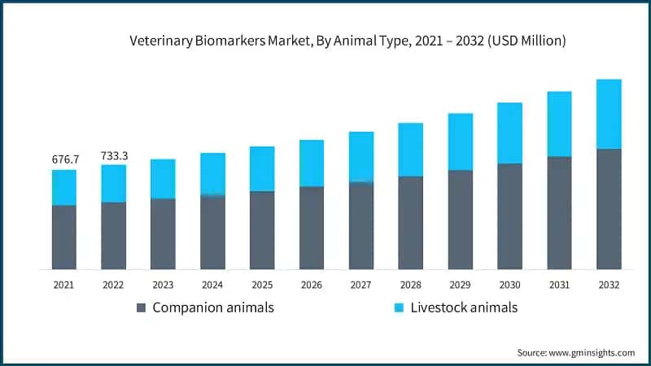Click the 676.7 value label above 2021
tap(64, 159)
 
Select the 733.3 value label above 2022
tap(114, 155)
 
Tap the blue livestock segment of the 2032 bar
tap(609, 114)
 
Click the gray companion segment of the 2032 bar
tap(609, 209)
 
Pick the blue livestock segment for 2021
tap(64, 187)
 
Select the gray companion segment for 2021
tap(64, 237)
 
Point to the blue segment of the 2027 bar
tap(361, 156)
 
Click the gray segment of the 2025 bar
tap(262, 230)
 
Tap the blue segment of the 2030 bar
tap(509, 133)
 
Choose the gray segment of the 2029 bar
tap(461, 220)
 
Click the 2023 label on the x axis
tap(163, 285)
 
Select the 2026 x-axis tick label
tap(312, 285)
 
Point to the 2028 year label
tap(410, 285)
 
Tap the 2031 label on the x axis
tap(559, 285)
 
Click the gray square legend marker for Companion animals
tap(141, 308)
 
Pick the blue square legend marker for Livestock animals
tap(399, 308)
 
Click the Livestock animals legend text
tap(464, 307)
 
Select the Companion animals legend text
tap(213, 307)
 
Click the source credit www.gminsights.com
tap(575, 352)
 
